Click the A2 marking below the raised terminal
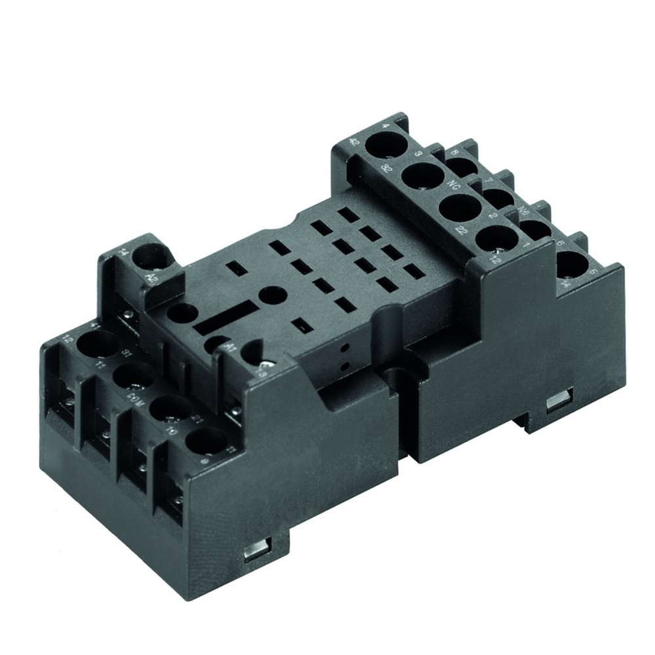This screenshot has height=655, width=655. (153, 277)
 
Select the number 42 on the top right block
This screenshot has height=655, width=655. (355, 141)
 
